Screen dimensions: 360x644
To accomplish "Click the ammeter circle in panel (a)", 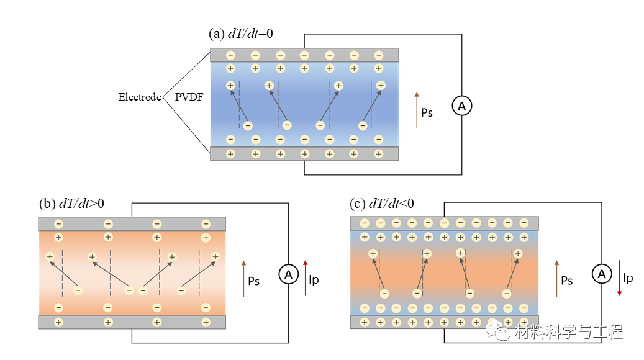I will [x=461, y=106].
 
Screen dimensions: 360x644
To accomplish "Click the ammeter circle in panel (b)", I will [x=288, y=274].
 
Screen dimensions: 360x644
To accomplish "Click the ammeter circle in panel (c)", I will [x=600, y=273].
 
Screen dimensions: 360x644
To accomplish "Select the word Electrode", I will [x=140, y=97].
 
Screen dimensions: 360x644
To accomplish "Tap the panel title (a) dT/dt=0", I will [x=240, y=34].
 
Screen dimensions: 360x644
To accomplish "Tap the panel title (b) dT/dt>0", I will [x=72, y=203].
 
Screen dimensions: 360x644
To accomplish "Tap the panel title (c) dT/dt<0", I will [x=383, y=203].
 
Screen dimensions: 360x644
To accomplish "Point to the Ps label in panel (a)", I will [x=427, y=113].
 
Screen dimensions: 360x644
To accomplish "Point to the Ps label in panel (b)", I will [x=253, y=281].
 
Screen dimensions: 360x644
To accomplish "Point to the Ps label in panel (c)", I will [x=566, y=281].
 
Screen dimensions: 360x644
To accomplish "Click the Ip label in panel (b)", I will [x=314, y=281].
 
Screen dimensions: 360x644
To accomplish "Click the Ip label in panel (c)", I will [x=628, y=278].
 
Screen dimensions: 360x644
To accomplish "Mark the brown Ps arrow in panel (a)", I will [x=417, y=110].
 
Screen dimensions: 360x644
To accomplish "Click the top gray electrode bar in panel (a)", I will [x=304, y=55].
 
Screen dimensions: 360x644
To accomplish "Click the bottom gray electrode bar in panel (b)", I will [x=132, y=322].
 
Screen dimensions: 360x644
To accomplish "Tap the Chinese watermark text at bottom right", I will [x=568, y=332].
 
